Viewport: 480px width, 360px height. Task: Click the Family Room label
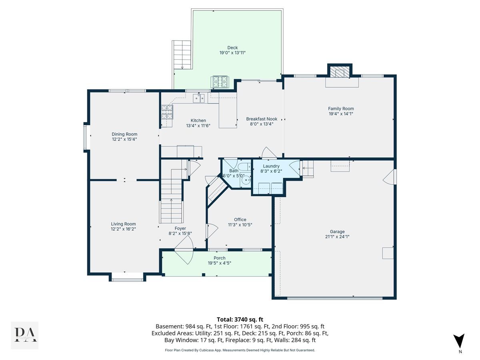tap(341, 109)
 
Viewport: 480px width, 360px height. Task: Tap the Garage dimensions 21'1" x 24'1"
tap(337, 236)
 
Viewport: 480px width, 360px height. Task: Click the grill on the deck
tap(220, 82)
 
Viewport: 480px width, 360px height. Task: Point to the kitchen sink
tap(198, 98)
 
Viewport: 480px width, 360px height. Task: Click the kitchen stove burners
tap(167, 112)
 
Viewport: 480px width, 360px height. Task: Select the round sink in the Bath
tap(247, 180)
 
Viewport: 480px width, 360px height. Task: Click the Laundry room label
tap(271, 166)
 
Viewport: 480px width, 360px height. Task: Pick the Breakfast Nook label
tap(262, 119)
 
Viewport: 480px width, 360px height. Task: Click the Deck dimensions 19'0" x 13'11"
tap(232, 53)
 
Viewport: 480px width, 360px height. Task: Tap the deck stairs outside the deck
tap(182, 55)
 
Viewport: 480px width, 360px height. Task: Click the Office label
tap(240, 220)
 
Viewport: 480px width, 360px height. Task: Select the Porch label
tap(219, 258)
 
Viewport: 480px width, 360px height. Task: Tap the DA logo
tap(25, 335)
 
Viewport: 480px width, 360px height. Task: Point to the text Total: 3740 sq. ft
tap(240, 320)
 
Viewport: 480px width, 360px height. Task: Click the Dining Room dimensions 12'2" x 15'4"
tap(124, 139)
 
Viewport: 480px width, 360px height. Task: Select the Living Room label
tap(123, 224)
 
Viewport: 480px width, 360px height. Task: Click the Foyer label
tap(180, 228)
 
